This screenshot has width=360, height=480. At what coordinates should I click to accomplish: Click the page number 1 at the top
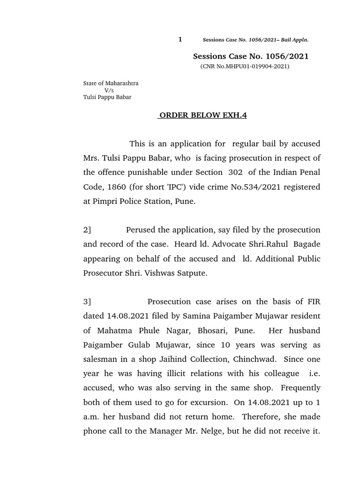[180, 39]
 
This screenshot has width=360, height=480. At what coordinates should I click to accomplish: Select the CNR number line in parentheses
[245, 67]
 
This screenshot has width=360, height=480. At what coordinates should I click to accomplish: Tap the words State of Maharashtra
[111, 83]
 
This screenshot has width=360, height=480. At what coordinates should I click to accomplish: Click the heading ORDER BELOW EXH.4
[202, 116]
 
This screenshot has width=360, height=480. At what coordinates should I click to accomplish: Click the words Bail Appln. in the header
[295, 40]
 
